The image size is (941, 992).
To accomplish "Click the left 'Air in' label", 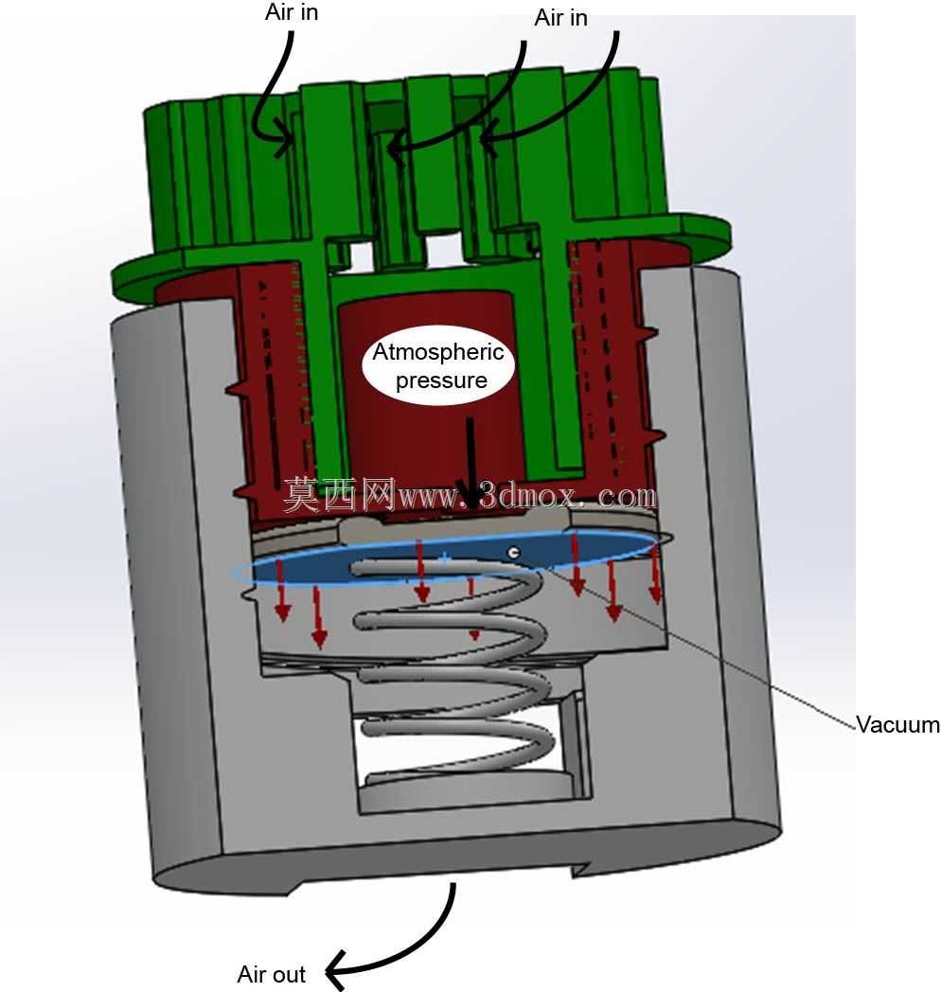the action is tap(291, 12).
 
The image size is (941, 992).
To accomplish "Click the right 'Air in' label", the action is tap(560, 18).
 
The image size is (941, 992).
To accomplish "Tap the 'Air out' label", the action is tap(272, 974).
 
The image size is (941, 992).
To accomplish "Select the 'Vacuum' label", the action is tap(897, 724).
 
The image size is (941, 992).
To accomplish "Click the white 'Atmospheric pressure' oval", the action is tap(438, 365).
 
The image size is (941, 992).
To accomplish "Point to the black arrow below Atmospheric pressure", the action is tap(470, 463).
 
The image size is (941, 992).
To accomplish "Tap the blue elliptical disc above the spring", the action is tap(443, 557).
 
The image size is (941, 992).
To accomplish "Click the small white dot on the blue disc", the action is tap(514, 553).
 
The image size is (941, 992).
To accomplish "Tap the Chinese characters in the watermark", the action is tap(339, 495).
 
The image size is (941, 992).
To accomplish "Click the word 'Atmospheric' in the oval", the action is tap(438, 351).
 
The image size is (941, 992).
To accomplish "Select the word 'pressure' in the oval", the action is tap(441, 381).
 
